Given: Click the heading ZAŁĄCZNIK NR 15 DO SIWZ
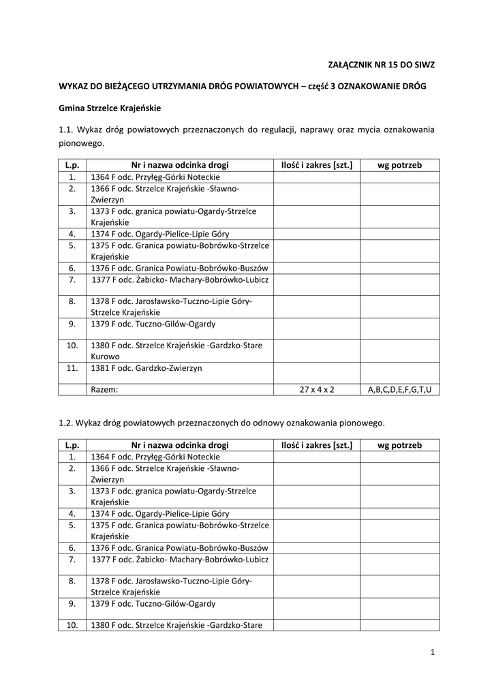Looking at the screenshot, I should coord(381,65).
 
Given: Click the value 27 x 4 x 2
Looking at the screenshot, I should coord(317,389).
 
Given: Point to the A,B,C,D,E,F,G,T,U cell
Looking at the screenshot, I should coord(399,389).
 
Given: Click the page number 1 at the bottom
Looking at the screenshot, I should coord(432,652).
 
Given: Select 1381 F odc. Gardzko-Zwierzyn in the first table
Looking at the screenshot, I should coord(146,368).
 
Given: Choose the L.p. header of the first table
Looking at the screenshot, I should coord(72,165).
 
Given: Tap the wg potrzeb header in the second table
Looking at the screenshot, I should coord(399,445).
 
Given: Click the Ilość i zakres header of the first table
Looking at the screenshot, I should coord(317,165).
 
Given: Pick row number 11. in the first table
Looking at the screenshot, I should coord(72,368).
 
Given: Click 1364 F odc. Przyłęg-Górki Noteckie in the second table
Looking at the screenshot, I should coord(155,457).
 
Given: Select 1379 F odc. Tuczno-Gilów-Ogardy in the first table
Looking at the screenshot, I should coord(153,324).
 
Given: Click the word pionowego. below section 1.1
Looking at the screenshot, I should coord(82,144).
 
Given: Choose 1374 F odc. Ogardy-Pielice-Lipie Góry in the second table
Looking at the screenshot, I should coord(160,513).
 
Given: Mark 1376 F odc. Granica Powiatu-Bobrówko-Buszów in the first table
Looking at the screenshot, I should coord(179,268).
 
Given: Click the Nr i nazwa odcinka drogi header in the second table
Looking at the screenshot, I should coord(180,445).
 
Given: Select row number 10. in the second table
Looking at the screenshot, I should coord(72,625).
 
